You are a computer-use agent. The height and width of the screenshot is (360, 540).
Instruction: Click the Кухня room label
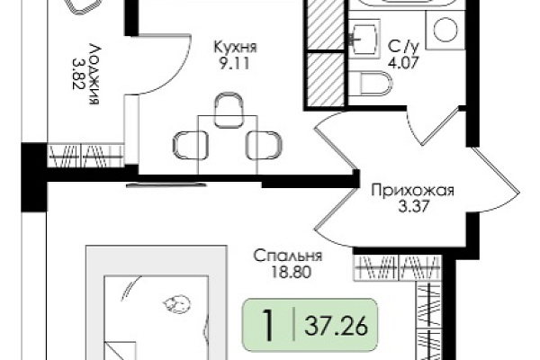(x=236, y=48)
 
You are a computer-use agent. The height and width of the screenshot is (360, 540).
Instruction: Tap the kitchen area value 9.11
(x=235, y=64)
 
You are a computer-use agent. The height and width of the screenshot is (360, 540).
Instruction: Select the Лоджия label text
(x=94, y=74)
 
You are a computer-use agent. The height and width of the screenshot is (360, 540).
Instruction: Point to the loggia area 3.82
(x=78, y=73)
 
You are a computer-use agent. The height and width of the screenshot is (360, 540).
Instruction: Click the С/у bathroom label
(x=403, y=46)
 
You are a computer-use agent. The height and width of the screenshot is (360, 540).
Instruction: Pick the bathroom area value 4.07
(x=403, y=62)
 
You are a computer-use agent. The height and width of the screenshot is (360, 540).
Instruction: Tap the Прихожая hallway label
(x=412, y=191)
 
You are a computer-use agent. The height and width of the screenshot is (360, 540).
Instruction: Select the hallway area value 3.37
(x=413, y=207)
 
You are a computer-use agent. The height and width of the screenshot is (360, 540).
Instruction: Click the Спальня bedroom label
(x=288, y=256)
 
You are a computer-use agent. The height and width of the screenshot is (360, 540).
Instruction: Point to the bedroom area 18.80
(x=291, y=272)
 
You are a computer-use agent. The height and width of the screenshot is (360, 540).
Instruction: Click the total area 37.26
(x=336, y=326)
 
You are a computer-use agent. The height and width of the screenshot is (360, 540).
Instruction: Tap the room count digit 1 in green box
(x=267, y=326)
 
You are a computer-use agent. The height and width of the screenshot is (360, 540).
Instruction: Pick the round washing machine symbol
(x=445, y=31)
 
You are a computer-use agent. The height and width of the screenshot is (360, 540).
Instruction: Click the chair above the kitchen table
(x=228, y=109)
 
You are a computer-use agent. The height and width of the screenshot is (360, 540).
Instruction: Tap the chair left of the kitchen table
(x=190, y=145)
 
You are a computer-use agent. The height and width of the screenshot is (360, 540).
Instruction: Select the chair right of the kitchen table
(x=264, y=145)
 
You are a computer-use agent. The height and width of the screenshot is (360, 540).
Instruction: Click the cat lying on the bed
(x=176, y=305)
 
